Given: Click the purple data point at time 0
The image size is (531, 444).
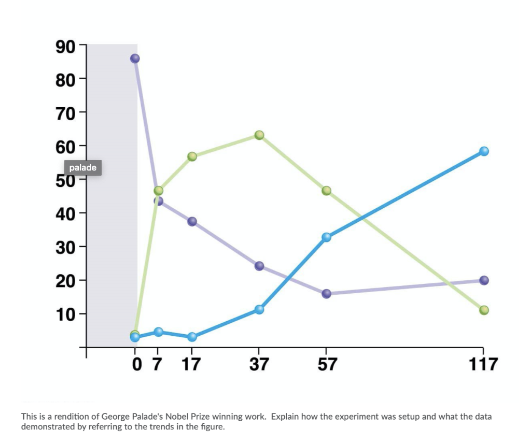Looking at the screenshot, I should click(135, 59).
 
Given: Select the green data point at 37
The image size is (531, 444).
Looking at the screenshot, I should click(259, 135).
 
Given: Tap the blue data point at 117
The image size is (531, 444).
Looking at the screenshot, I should click(484, 151).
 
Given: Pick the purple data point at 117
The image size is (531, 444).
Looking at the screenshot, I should click(484, 280).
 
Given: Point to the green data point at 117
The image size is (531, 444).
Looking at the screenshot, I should click(484, 310).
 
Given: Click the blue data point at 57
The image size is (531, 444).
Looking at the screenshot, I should click(326, 237).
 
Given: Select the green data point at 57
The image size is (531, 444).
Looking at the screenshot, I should click(326, 191).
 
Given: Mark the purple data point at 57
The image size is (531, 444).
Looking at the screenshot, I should click(326, 294).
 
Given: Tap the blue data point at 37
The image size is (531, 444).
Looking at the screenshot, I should click(259, 309).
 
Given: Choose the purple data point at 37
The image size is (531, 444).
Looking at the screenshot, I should click(259, 266).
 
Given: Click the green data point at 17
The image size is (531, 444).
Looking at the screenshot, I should click(192, 156).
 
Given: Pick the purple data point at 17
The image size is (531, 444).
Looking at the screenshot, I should click(192, 222).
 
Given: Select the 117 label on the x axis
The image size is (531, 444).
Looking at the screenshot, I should click(483, 365).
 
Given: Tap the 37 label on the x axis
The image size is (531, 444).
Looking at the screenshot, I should click(259, 365).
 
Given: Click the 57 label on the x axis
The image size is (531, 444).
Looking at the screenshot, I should click(326, 365).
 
